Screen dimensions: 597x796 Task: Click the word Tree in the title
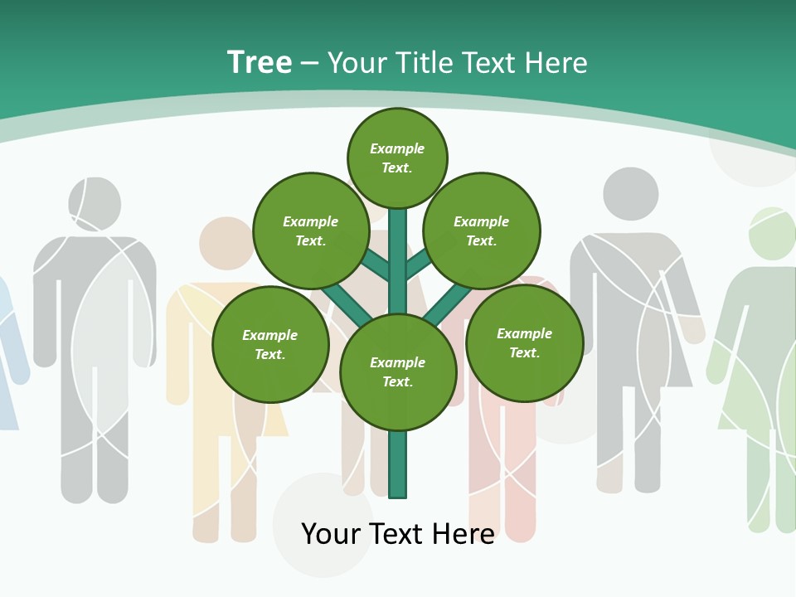pyautogui.click(x=260, y=63)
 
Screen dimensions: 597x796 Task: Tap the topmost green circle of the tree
pyautogui.click(x=397, y=158)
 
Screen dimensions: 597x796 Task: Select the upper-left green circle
pyautogui.click(x=311, y=231)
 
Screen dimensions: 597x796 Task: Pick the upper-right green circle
pyautogui.click(x=482, y=231)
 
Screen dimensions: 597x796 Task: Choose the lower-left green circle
pyautogui.click(x=270, y=345)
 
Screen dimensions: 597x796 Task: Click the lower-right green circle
pyautogui.click(x=524, y=343)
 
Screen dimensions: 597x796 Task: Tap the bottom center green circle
pyautogui.click(x=398, y=372)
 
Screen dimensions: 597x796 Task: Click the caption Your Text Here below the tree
pyautogui.click(x=398, y=534)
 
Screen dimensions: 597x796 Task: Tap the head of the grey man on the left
pyautogui.click(x=94, y=204)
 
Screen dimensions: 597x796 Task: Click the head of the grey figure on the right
pyautogui.click(x=630, y=194)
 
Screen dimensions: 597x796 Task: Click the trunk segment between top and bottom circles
pyautogui.click(x=398, y=261)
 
